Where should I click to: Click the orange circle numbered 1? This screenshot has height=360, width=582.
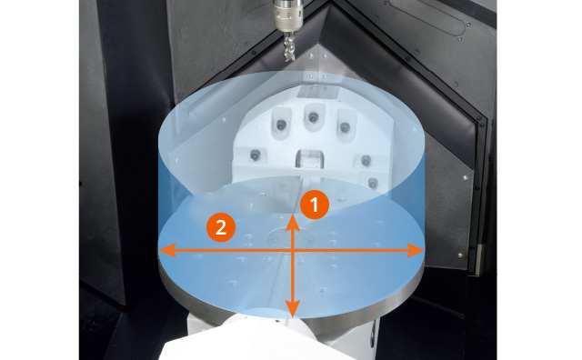(x=315, y=205)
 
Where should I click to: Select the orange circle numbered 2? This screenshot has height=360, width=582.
(x=221, y=227)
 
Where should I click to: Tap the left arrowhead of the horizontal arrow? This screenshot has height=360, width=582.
(x=167, y=251)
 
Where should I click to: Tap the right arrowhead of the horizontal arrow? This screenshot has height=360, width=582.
(x=416, y=251)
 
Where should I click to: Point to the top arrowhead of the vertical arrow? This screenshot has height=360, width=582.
(x=293, y=224)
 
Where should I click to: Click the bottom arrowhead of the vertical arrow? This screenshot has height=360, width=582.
(x=293, y=308)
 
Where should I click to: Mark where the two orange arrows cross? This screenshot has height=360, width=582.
(x=293, y=251)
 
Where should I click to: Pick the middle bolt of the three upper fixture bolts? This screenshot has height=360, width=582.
(x=313, y=117)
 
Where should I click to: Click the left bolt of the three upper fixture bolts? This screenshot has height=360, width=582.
(x=281, y=125)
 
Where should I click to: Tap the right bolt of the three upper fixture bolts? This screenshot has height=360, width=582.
(x=345, y=127)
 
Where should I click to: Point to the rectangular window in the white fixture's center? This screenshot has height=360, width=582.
(x=310, y=158)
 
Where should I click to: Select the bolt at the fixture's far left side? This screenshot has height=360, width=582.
(x=255, y=155)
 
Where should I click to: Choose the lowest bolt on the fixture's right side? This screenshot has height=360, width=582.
(x=373, y=183)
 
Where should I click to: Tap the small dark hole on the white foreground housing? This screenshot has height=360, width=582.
(x=276, y=322)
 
